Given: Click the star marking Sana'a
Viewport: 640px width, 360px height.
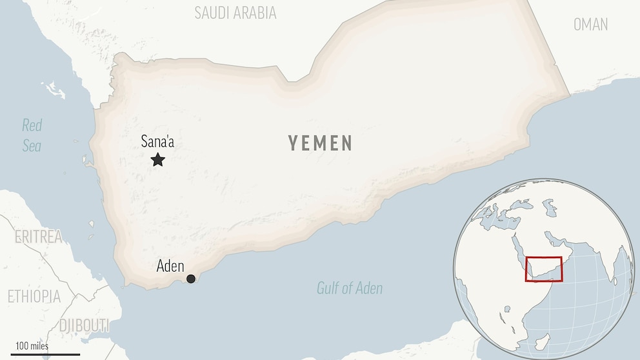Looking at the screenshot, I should point(157,159).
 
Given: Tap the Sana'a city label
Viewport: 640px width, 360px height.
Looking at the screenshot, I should point(157,142).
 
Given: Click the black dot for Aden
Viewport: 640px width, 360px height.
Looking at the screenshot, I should point(191,279).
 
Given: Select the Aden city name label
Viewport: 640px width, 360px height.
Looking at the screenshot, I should point(170,266).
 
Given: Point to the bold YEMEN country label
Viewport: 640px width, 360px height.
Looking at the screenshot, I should point(320,143).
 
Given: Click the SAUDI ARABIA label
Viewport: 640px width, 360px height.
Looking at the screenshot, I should point(235,13).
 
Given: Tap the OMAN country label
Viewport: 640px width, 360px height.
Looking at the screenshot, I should point(590,25).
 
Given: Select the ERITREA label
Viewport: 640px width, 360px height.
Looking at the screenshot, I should point(39,237).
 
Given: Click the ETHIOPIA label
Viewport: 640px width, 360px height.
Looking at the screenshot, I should point(34,297).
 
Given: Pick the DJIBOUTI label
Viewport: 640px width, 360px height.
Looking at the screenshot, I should point(83,326).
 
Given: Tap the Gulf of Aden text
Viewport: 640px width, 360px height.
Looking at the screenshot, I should point(350,288).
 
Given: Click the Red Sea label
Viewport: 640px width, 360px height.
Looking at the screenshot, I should point(32,135).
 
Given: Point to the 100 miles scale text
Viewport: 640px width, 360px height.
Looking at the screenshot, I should point(32,346).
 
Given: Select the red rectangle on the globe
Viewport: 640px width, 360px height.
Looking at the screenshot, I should point(544,269).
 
